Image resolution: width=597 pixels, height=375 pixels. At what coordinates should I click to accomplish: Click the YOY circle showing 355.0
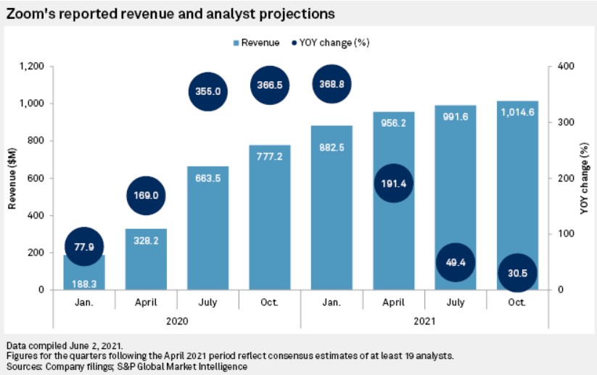pyautogui.click(x=208, y=91)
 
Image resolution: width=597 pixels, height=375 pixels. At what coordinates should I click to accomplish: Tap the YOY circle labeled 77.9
pyautogui.click(x=84, y=246)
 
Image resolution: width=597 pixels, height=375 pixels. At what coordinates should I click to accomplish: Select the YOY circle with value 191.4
pyautogui.click(x=392, y=184)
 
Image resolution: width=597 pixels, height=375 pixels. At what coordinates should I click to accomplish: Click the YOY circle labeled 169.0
pyautogui.click(x=146, y=195)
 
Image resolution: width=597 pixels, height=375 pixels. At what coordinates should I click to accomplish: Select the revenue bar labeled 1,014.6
pyautogui.click(x=516, y=188)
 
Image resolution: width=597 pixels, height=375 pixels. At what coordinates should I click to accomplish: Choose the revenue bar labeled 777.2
pyautogui.click(x=269, y=217)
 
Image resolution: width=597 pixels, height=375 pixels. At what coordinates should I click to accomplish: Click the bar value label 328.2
pyautogui.click(x=146, y=240)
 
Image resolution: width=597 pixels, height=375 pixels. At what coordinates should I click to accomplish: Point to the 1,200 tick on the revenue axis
pyautogui.click(x=32, y=67)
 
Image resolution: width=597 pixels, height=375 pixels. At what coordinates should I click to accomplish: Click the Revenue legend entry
pyautogui.click(x=255, y=43)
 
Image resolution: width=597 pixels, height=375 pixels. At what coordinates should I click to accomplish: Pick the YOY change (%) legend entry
pyautogui.click(x=330, y=43)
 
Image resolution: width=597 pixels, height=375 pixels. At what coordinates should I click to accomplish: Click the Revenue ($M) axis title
pyautogui.click(x=12, y=178)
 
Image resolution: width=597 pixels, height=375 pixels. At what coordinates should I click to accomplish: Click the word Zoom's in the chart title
pyautogui.click(x=28, y=13)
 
